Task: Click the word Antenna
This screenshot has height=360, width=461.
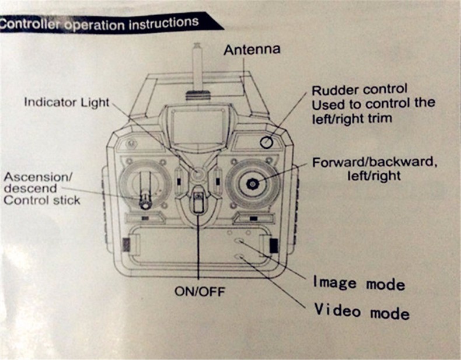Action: point(252,50)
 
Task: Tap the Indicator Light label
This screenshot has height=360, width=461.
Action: point(67,102)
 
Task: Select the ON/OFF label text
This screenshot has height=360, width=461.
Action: point(200,291)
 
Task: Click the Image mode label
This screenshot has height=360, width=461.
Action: point(359,283)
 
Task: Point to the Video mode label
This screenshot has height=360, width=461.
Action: point(362,310)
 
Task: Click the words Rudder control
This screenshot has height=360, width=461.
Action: point(359,90)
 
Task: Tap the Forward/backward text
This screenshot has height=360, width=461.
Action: point(373,162)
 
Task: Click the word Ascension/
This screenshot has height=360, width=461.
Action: point(30,176)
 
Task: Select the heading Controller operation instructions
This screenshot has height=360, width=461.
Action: point(99,25)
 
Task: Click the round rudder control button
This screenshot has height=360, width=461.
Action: point(266,142)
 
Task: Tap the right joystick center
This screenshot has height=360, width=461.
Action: point(252,184)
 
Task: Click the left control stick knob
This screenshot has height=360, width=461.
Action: point(144,202)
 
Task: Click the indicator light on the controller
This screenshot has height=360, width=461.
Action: point(198,173)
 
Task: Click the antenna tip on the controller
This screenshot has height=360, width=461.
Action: point(198,47)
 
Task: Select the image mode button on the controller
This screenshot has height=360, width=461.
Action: point(239,240)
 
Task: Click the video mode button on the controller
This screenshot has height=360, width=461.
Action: point(239,256)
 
